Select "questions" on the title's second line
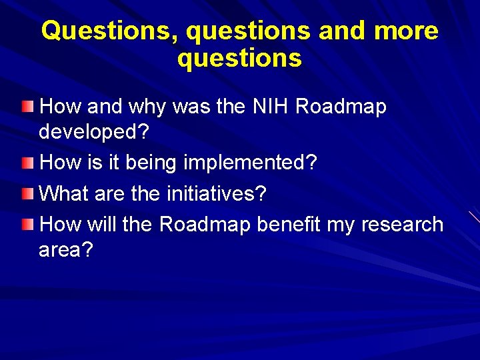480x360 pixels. click(239, 59)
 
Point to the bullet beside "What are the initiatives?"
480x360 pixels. click(25, 194)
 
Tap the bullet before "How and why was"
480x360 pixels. click(25, 106)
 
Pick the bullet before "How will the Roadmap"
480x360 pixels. click(25, 224)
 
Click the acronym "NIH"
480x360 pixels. click(268, 107)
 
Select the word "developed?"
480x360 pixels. click(94, 132)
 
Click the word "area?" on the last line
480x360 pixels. click(67, 251)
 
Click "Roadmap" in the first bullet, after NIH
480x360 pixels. click(340, 107)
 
